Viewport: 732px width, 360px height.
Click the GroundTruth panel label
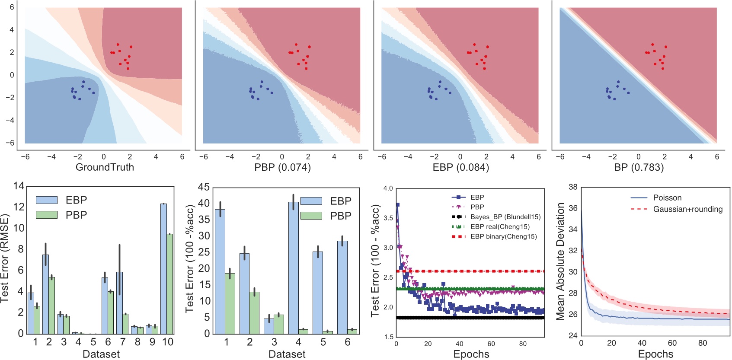tap(105, 167)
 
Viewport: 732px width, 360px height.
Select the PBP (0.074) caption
tap(282, 167)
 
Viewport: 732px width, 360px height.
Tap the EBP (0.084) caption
tap(460, 167)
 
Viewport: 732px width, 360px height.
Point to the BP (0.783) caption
tap(639, 167)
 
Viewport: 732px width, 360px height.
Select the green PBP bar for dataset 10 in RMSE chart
tap(170, 284)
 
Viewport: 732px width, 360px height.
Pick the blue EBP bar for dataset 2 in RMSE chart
tap(45, 294)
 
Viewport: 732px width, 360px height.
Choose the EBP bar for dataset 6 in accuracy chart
tap(342, 287)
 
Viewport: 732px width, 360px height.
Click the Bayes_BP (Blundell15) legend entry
tap(505, 217)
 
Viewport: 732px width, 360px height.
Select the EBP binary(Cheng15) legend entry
tap(504, 236)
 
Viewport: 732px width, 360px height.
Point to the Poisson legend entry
tap(667, 198)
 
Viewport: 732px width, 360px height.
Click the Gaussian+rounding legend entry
tap(687, 209)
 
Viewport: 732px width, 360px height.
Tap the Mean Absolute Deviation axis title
tap(560, 261)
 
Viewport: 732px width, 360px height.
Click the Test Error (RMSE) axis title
tap(5, 258)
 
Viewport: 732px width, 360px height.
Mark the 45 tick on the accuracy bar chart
tap(204, 187)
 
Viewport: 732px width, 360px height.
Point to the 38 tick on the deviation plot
tap(573, 187)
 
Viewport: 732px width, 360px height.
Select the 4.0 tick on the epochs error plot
tap(388, 188)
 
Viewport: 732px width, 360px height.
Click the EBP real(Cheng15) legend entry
tap(500, 226)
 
